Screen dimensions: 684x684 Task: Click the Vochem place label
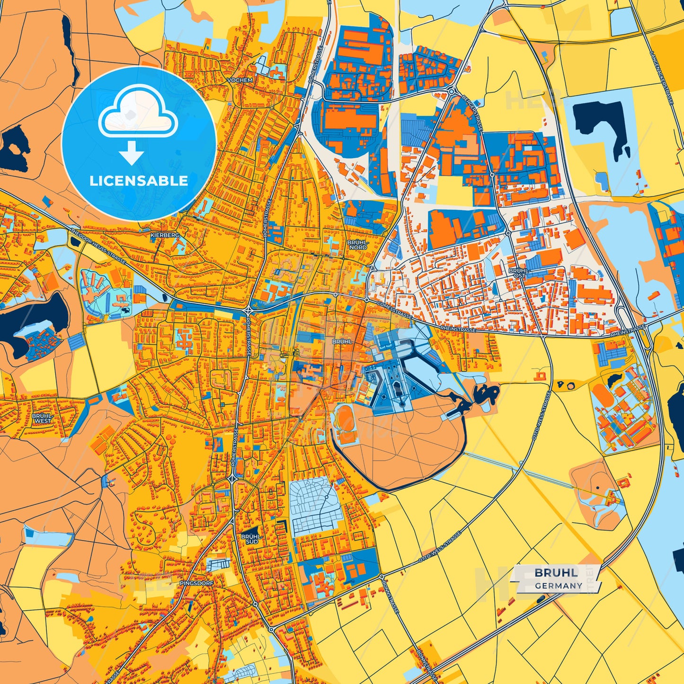coord(240,80)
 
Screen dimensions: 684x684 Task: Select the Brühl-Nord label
coord(357,244)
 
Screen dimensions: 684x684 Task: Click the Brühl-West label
coord(42,418)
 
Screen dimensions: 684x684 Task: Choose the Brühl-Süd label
coord(249,539)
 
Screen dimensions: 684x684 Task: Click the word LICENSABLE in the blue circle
coord(139,180)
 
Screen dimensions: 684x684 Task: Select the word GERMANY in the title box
coord(559,586)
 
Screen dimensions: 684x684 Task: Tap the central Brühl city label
coord(342,341)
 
